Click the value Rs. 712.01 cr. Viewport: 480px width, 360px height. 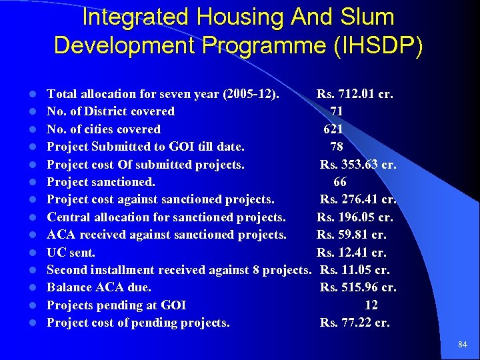tap(355, 94)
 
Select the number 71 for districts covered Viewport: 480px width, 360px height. tap(337, 111)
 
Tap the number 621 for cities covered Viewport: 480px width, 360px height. tap(333, 129)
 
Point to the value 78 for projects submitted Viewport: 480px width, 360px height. tap(337, 147)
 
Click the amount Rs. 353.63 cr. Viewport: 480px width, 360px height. tap(358, 165)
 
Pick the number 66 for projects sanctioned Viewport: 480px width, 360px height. tap(340, 182)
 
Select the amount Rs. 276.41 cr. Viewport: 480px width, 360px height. tap(358, 199)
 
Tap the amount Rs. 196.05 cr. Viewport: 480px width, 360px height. tap(355, 217)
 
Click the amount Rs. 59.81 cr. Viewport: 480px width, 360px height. tap(351, 235)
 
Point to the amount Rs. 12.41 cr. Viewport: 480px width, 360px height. tap(351, 253)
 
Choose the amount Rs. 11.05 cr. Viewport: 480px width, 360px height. tap(355, 270)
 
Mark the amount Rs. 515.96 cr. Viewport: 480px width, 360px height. tap(358, 288)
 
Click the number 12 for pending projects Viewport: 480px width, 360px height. tap(371, 305)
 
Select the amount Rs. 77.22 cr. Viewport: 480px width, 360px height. tap(355, 323)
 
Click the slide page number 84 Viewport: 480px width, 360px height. tap(463, 345)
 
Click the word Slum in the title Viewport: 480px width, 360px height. tap(366, 17)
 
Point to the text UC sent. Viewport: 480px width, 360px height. tap(71, 253)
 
